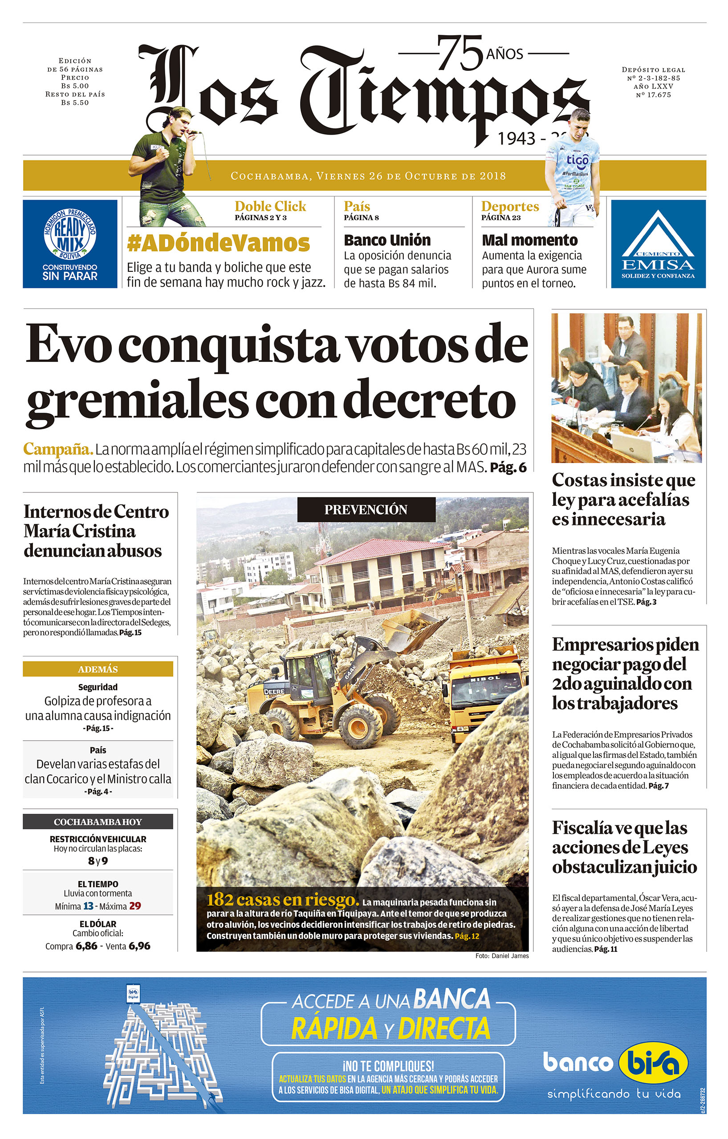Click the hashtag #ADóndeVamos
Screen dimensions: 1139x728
pos(218,244)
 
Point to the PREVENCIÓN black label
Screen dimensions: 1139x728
pos(366,509)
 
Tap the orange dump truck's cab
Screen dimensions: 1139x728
pos(484,686)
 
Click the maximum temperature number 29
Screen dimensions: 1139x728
pos(135,906)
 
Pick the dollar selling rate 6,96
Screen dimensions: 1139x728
pos(139,946)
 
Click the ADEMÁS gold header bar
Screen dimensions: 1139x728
pos(98,669)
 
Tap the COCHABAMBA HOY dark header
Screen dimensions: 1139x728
pos(98,822)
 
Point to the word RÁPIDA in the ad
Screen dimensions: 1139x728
pos(334,1028)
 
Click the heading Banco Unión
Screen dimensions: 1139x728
pos(387,240)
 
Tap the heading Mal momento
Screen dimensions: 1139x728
pos(529,240)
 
